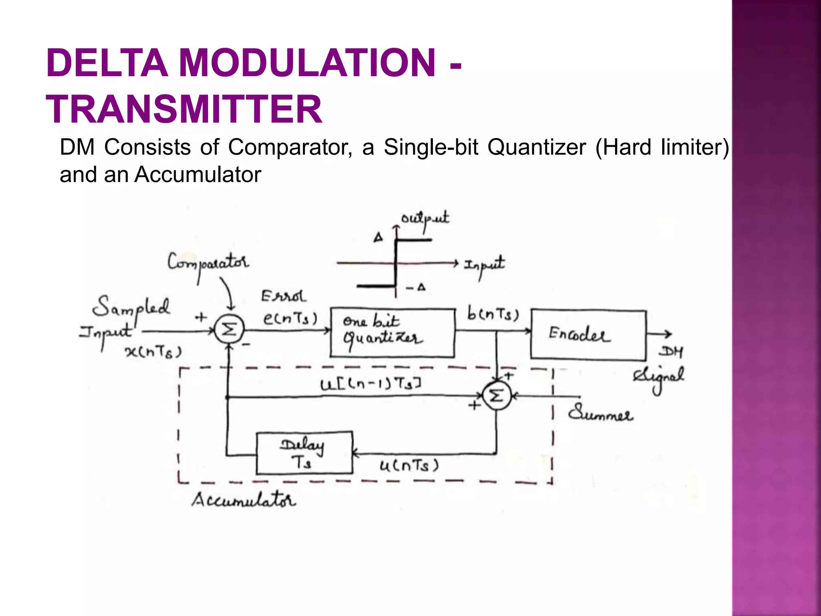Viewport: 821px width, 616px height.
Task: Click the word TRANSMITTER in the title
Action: [x=184, y=109]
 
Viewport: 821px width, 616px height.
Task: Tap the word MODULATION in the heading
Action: [x=307, y=63]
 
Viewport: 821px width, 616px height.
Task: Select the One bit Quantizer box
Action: [x=392, y=333]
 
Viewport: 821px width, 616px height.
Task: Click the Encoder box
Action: [x=588, y=334]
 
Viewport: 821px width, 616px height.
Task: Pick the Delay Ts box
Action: [x=304, y=453]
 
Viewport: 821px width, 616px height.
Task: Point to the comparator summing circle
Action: [x=229, y=330]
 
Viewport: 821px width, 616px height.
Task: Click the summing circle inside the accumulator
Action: [x=496, y=396]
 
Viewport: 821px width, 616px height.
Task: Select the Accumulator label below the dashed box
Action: [x=243, y=500]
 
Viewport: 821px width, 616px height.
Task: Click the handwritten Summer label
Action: [x=600, y=413]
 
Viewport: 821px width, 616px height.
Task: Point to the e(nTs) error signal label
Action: [x=290, y=319]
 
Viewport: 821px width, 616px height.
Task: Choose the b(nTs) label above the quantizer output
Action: [x=493, y=314]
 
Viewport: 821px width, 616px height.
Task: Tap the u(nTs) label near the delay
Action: [x=409, y=466]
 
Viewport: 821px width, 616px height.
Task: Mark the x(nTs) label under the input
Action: [x=153, y=352]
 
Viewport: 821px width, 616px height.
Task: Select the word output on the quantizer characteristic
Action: [x=425, y=219]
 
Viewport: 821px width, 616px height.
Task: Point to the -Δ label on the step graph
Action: [x=416, y=288]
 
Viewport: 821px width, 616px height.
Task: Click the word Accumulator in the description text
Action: [x=198, y=175]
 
